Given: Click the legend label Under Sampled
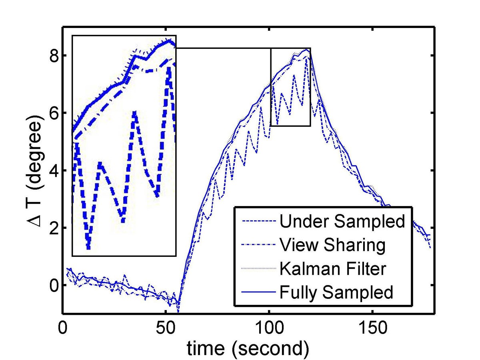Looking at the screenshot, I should [x=342, y=221].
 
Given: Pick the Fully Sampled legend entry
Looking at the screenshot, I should [x=336, y=292].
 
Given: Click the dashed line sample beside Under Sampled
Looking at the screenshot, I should [x=258, y=221].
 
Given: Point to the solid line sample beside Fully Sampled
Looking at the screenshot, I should [x=258, y=293].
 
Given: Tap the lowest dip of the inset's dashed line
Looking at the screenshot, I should [x=88, y=248].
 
